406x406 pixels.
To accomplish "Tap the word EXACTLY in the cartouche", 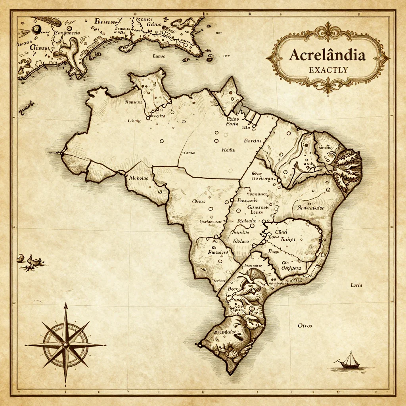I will tap(328, 70).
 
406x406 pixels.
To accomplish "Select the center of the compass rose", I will tap(66, 344).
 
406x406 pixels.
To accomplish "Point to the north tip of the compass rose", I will tap(66, 303).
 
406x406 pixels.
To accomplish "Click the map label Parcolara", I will tap(218, 252).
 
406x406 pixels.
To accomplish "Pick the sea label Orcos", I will tap(305, 326).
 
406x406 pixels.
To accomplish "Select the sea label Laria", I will tap(356, 285).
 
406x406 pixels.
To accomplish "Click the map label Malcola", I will tap(247, 221).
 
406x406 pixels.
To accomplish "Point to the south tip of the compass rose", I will tap(66, 383).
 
